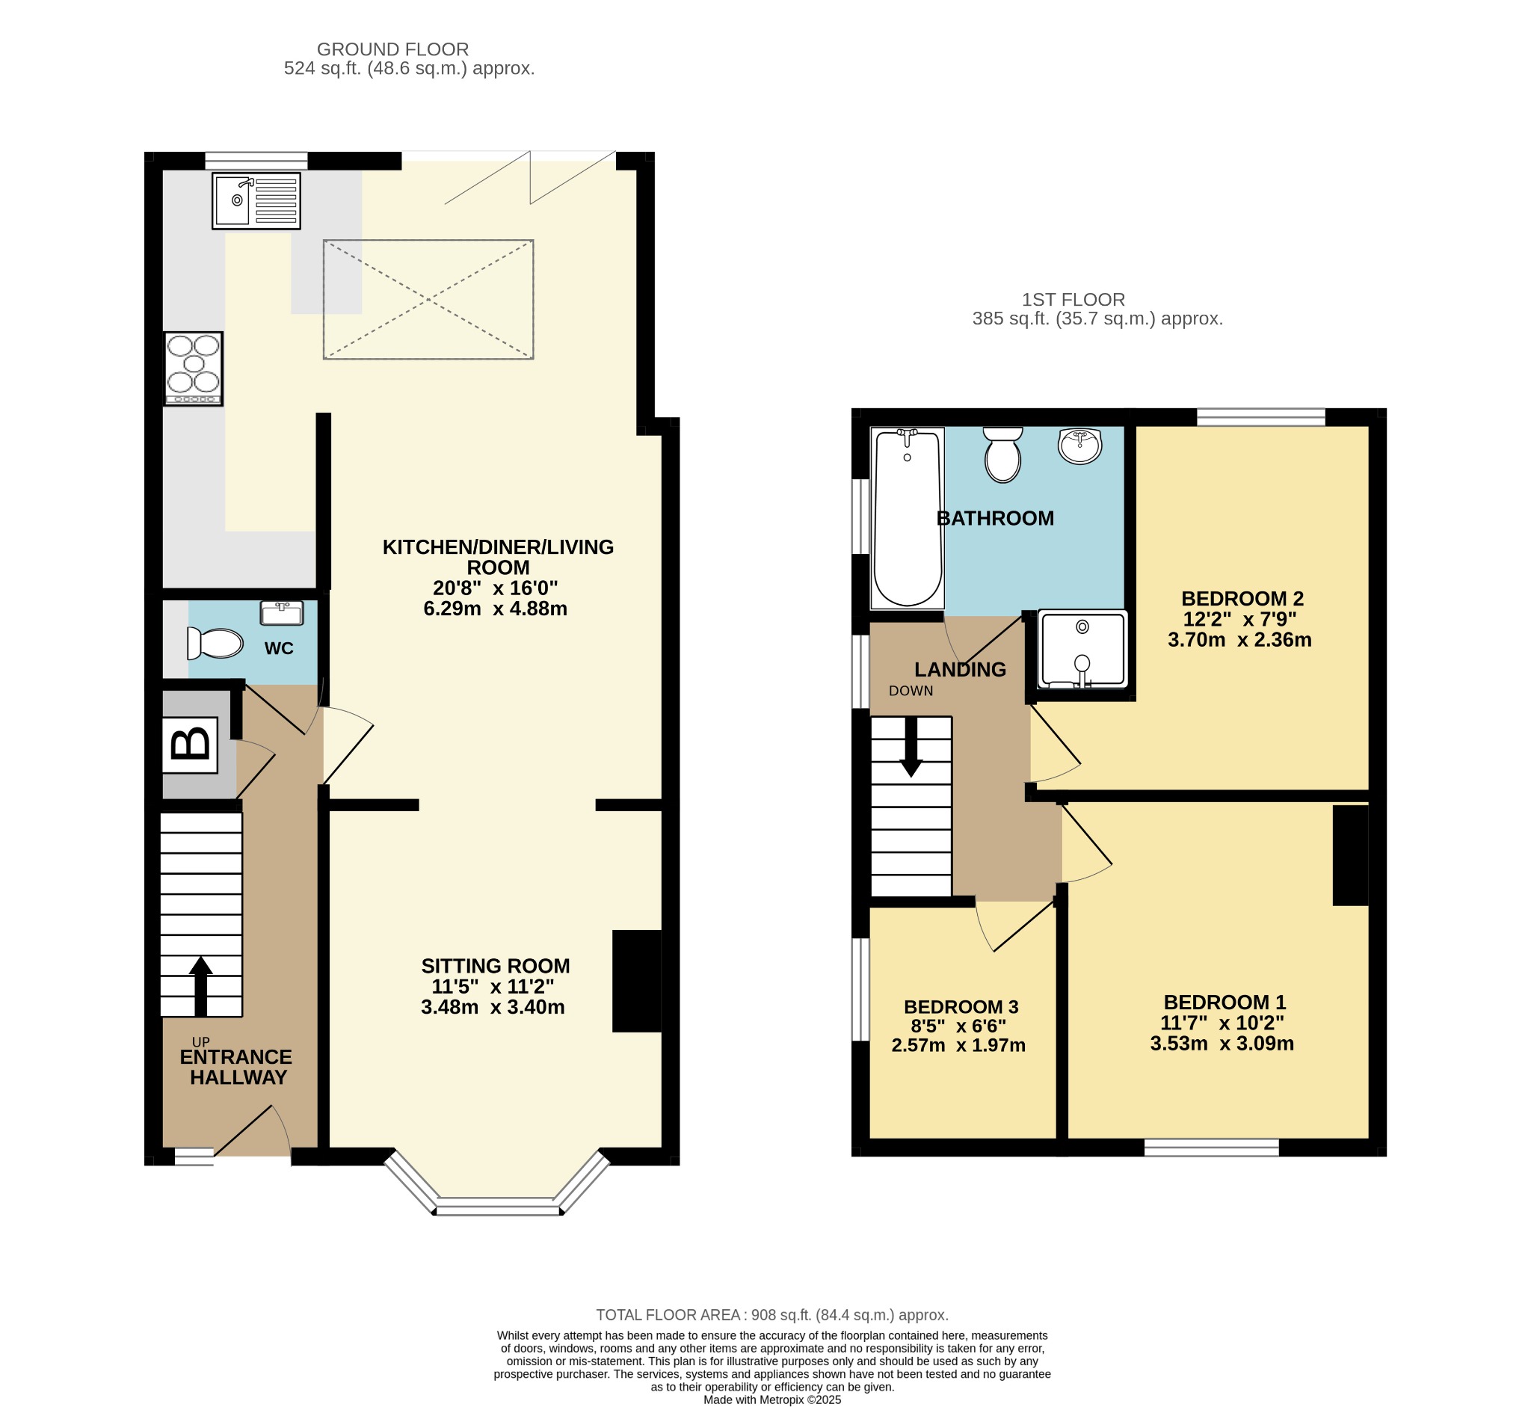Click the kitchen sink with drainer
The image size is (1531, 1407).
[x=256, y=201]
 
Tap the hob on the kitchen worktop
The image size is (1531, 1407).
[x=194, y=369]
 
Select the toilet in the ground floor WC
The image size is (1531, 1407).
[x=215, y=644]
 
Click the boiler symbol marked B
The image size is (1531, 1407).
[x=191, y=745]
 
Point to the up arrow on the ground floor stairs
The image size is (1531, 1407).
[x=201, y=986]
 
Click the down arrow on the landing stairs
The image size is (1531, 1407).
[x=911, y=747]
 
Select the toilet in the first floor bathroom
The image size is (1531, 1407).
[x=1002, y=455]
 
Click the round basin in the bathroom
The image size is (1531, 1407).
[x=1079, y=446]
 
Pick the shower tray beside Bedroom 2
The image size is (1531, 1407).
[x=1082, y=650]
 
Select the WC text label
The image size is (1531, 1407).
[x=279, y=649]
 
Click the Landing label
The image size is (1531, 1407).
[x=960, y=669]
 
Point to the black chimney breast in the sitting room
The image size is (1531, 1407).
[x=637, y=982]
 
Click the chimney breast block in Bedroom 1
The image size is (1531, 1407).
[x=1351, y=856]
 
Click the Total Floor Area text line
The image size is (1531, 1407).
[x=772, y=1315]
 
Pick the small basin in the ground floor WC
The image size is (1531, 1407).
[x=282, y=612]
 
